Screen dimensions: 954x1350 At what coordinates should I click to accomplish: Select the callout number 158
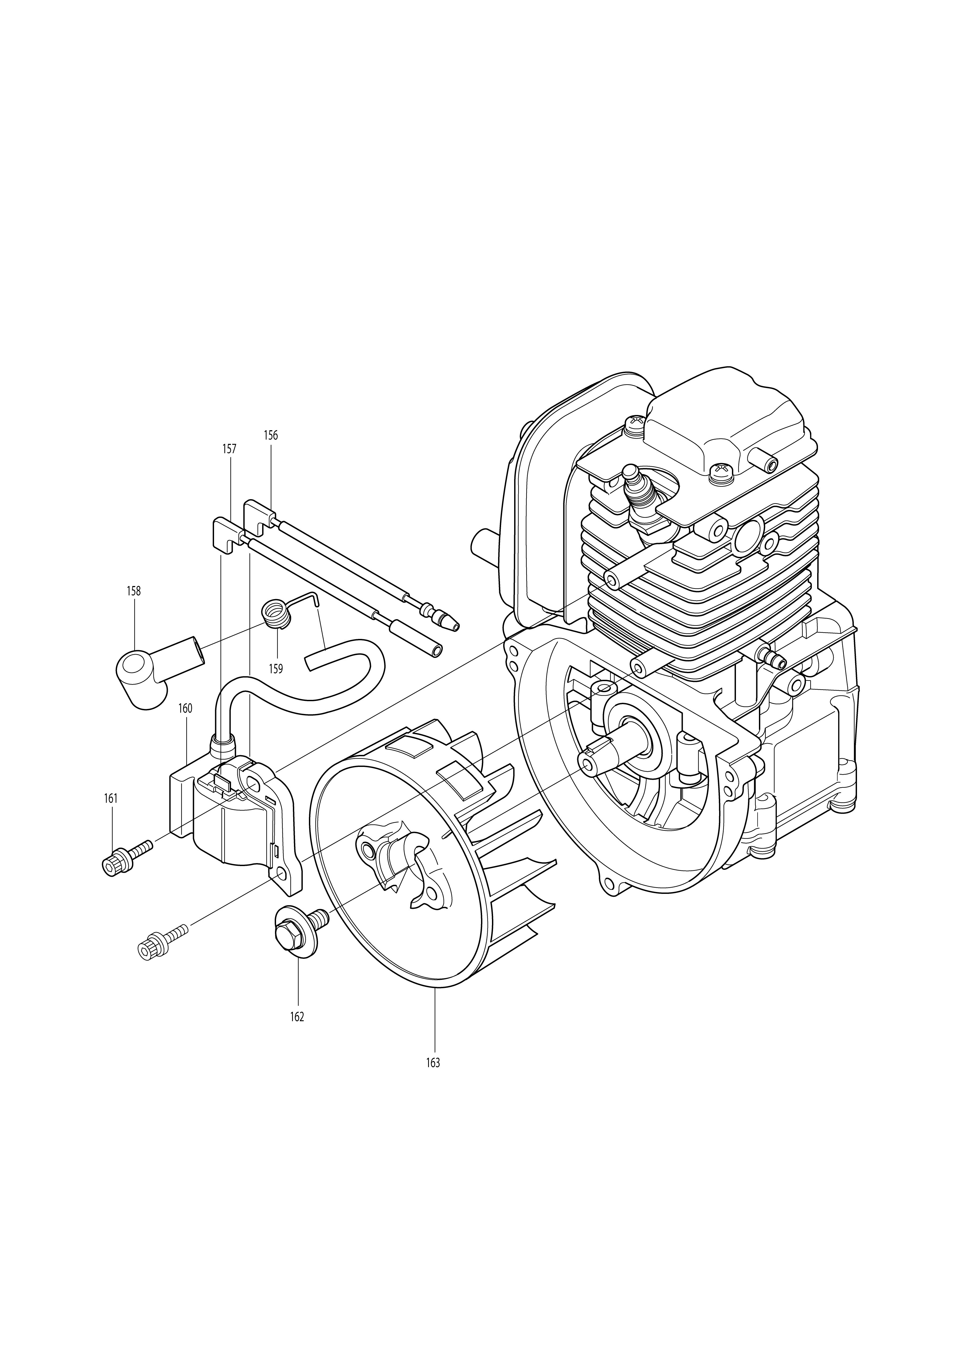point(134,591)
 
